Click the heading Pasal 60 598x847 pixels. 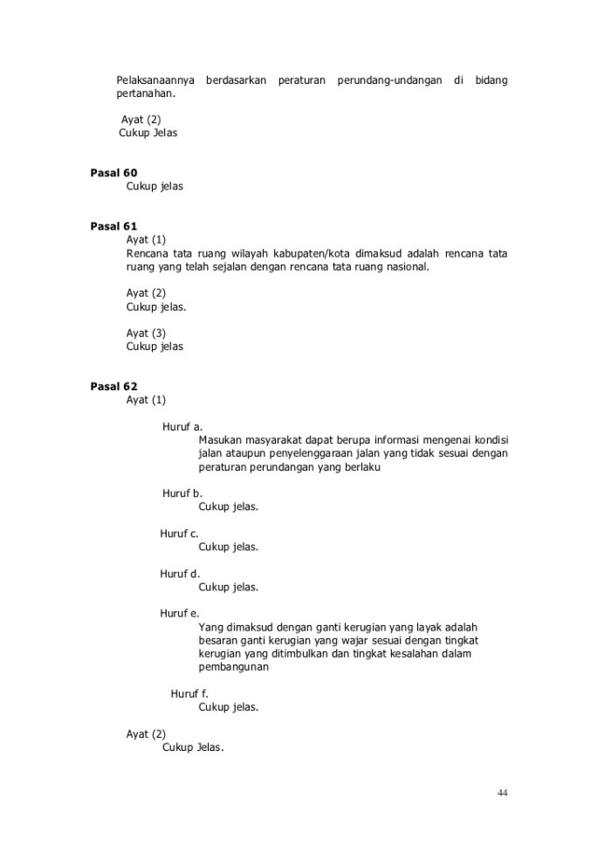[x=113, y=173]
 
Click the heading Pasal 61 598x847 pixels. [x=113, y=226]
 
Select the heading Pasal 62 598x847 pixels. [x=113, y=386]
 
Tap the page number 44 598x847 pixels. [x=502, y=793]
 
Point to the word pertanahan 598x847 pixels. [x=147, y=94]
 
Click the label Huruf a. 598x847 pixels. [x=182, y=427]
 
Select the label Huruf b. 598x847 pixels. [x=182, y=493]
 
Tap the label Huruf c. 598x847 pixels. [x=180, y=534]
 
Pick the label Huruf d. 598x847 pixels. [x=180, y=574]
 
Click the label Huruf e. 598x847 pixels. [x=180, y=614]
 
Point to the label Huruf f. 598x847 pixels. [x=189, y=693]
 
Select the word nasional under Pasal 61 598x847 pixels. [x=407, y=267]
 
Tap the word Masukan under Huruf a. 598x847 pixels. [x=222, y=440]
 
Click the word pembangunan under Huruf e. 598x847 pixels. [x=233, y=667]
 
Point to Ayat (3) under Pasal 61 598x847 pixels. [x=146, y=333]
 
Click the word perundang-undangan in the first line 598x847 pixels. [x=385, y=81]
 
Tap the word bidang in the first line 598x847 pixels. [x=491, y=81]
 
